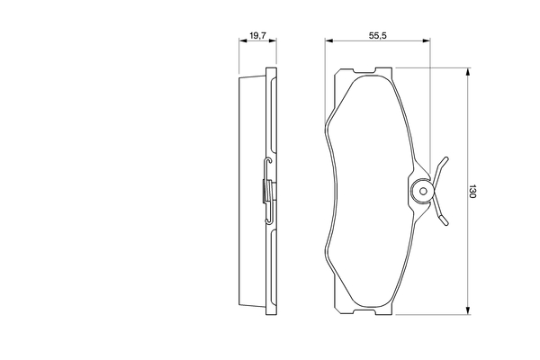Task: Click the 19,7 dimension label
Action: (258, 35)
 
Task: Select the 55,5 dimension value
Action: (378, 35)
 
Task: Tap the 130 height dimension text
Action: (472, 191)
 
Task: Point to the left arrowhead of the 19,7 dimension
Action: (243, 41)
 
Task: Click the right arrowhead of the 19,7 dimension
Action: (273, 41)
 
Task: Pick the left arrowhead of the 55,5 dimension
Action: (328, 41)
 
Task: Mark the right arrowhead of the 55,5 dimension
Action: (427, 41)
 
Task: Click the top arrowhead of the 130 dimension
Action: (467, 72)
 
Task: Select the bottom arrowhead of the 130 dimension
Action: (467, 310)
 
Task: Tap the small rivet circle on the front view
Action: (424, 191)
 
